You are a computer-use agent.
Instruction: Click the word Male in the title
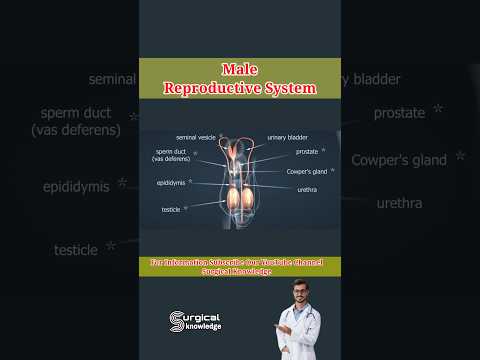(x=240, y=70)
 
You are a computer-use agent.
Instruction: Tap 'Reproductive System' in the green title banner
(x=240, y=88)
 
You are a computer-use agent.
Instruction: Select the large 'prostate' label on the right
(x=399, y=113)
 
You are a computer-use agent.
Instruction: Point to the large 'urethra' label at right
(x=399, y=203)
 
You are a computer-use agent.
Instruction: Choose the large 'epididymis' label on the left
(x=76, y=187)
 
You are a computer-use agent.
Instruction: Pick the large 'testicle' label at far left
(x=75, y=249)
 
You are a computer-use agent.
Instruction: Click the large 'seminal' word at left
(x=113, y=79)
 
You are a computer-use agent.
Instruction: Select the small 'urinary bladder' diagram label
(x=287, y=136)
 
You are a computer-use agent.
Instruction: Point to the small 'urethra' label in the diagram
(x=307, y=188)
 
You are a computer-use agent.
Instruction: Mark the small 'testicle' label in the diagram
(x=171, y=209)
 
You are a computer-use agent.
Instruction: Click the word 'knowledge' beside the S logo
(x=204, y=327)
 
